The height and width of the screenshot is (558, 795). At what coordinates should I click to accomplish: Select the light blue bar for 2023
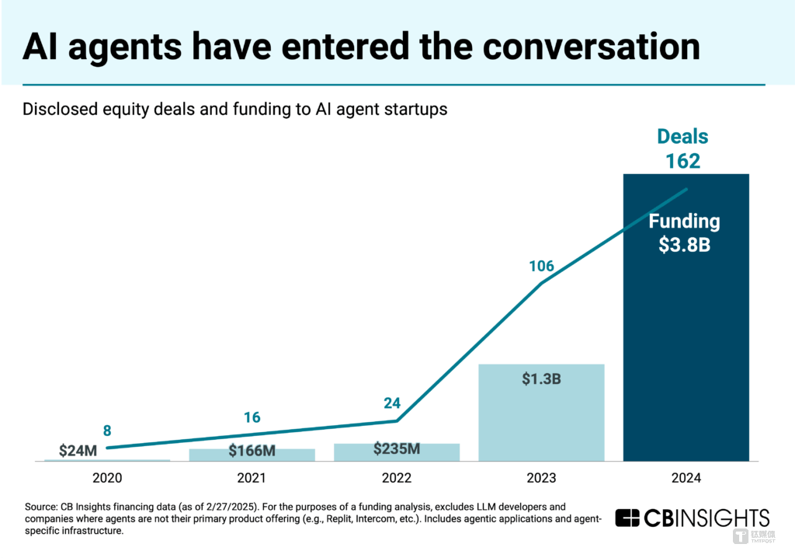tap(541, 413)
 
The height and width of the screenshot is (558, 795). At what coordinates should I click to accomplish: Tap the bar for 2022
tap(397, 452)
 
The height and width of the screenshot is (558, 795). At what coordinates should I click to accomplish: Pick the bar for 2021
tap(252, 455)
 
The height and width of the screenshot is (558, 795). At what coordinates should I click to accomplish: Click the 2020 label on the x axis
tap(107, 478)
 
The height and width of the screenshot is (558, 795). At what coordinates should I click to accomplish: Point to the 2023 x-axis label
tap(541, 478)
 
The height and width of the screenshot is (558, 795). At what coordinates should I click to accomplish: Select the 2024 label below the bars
tap(686, 478)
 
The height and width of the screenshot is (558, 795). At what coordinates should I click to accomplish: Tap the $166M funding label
tap(252, 451)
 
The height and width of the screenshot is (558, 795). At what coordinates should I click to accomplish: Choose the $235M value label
tap(396, 448)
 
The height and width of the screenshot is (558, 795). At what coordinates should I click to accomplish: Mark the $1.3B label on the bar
tap(541, 382)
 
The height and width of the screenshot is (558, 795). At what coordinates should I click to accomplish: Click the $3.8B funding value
tap(685, 245)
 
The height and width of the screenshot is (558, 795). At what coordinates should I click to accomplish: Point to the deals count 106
tap(541, 267)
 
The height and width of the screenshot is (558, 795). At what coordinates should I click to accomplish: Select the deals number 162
tap(683, 161)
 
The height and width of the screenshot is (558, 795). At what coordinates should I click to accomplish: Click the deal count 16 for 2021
tap(252, 417)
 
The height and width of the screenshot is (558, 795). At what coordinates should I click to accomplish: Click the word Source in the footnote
tap(41, 507)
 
